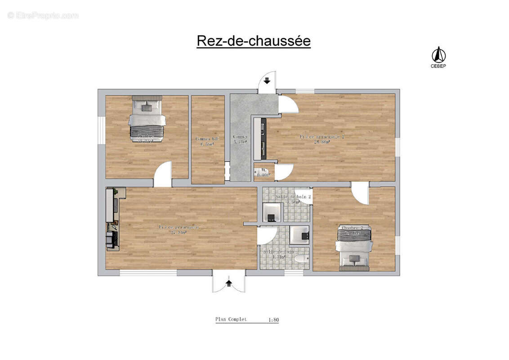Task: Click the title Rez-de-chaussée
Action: point(254,41)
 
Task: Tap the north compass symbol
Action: point(438,56)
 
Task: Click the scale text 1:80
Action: point(273,320)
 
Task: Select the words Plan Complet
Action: point(231,319)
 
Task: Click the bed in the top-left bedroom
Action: point(147,118)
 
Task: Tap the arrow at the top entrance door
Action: point(267,81)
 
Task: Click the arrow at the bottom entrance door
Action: point(229,283)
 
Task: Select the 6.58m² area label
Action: point(207,144)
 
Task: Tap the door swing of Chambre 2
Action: point(360,193)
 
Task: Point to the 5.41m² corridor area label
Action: point(240,142)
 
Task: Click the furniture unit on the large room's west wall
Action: point(112,219)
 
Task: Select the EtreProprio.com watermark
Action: point(43,15)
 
